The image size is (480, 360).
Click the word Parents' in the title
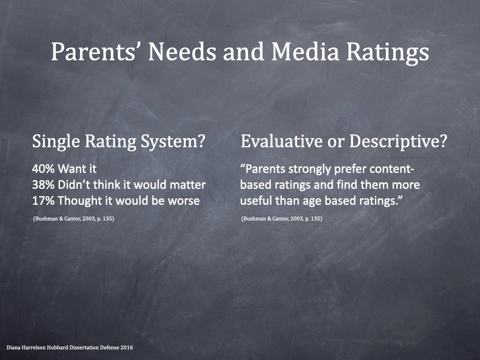(x=94, y=51)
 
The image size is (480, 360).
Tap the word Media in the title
(x=305, y=51)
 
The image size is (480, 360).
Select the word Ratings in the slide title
(x=388, y=52)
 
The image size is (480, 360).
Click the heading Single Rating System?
(x=119, y=142)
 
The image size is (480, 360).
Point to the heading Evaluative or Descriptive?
(x=344, y=142)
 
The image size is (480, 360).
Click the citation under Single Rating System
(x=74, y=218)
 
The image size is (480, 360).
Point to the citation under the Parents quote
(x=282, y=218)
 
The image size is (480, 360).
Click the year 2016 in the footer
(x=127, y=347)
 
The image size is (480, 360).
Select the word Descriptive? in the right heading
(x=398, y=142)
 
